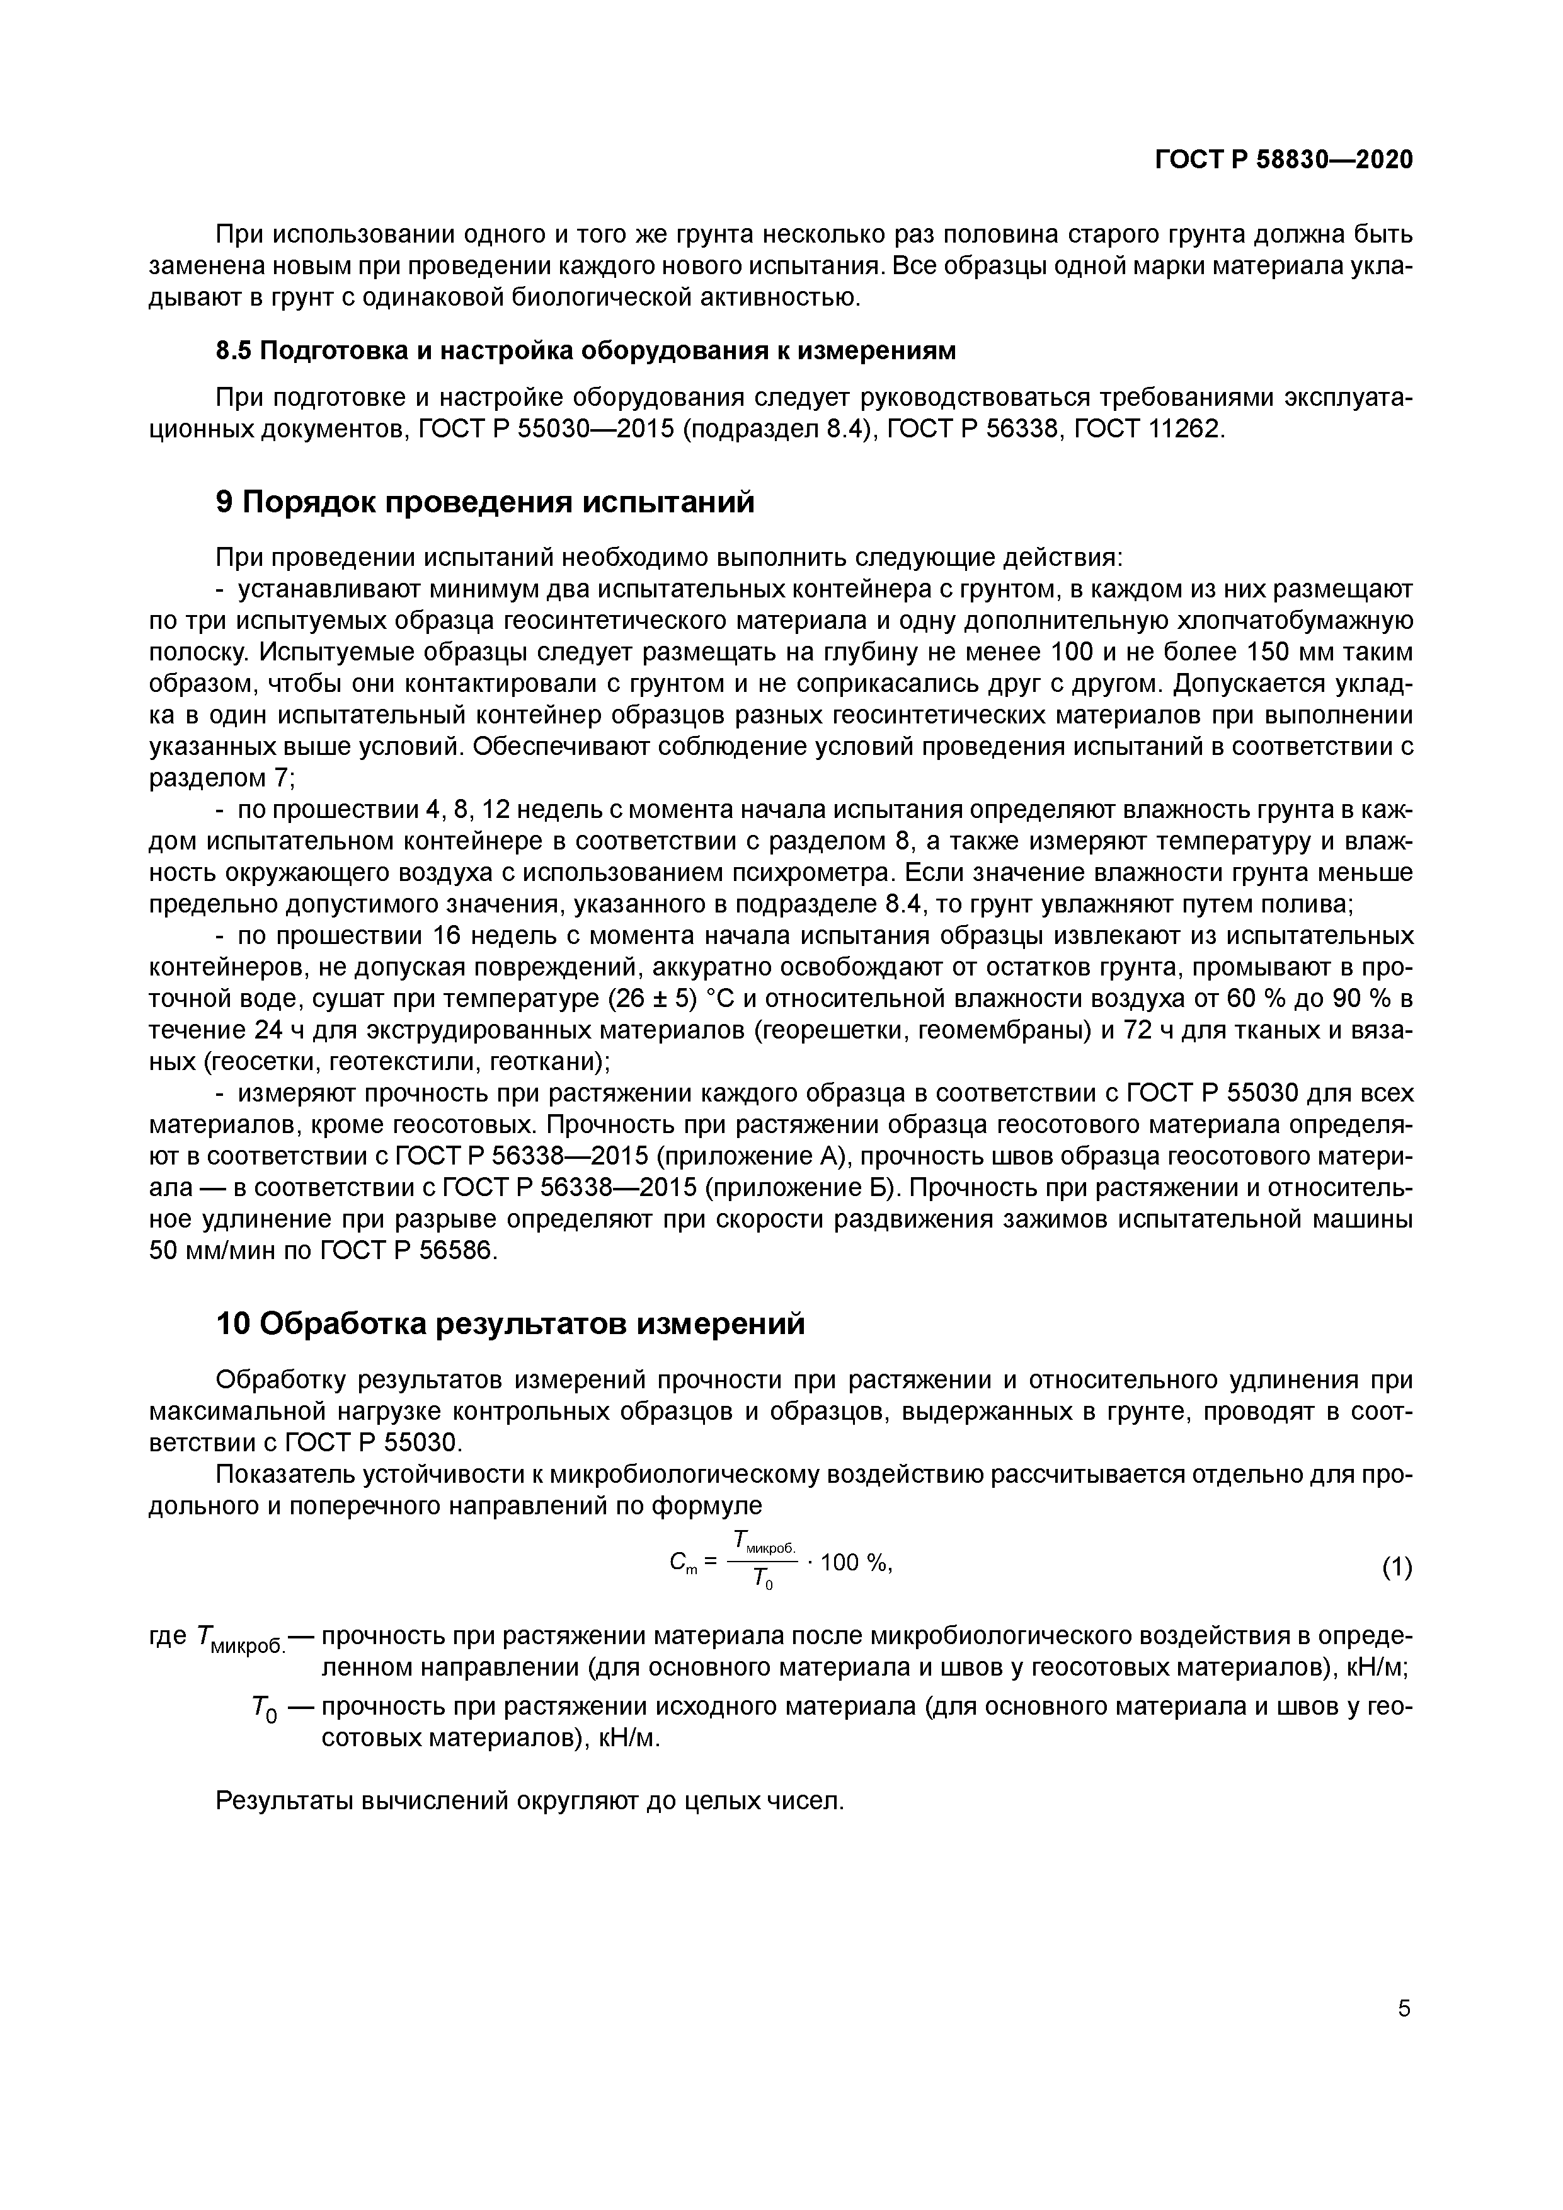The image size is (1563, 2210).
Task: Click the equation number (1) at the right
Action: point(1397,1567)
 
